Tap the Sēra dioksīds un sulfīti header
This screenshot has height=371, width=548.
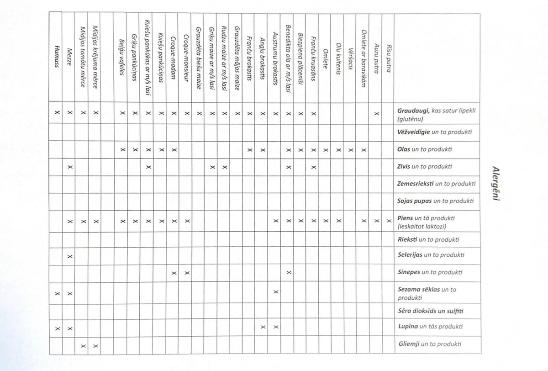[430, 311]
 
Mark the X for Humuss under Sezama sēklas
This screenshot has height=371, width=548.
[57, 292]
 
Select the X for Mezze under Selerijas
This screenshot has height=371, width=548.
[70, 256]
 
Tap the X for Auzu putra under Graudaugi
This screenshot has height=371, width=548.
[375, 112]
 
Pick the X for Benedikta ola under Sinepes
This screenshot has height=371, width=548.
[288, 273]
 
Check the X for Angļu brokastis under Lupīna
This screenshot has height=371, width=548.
[262, 327]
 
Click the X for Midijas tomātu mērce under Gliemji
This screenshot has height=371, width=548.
[83, 345]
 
